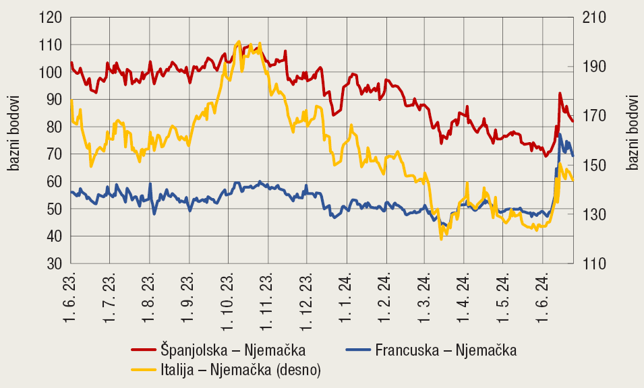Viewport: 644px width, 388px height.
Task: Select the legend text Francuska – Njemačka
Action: click(x=446, y=350)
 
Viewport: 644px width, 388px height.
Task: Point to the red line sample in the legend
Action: click(x=144, y=350)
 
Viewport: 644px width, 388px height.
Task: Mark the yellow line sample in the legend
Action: click(x=144, y=369)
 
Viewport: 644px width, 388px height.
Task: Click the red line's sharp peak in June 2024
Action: click(x=560, y=94)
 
